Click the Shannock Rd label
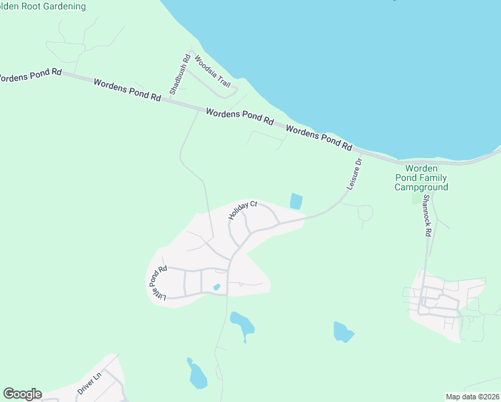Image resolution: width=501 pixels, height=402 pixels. pyautogui.click(x=427, y=218)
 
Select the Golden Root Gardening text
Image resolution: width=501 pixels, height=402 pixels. pyautogui.click(x=43, y=7)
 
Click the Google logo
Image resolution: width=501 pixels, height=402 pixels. pyautogui.click(x=22, y=394)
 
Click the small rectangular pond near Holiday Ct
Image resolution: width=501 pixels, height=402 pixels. pyautogui.click(x=295, y=201)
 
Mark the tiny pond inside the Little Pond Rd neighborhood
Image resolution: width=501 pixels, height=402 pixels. pyautogui.click(x=216, y=287)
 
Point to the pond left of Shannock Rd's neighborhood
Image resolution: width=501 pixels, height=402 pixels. pyautogui.click(x=343, y=332)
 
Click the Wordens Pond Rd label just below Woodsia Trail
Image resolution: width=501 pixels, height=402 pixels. pyautogui.click(x=240, y=117)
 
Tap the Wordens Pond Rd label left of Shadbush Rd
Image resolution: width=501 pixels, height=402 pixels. pyautogui.click(x=127, y=90)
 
